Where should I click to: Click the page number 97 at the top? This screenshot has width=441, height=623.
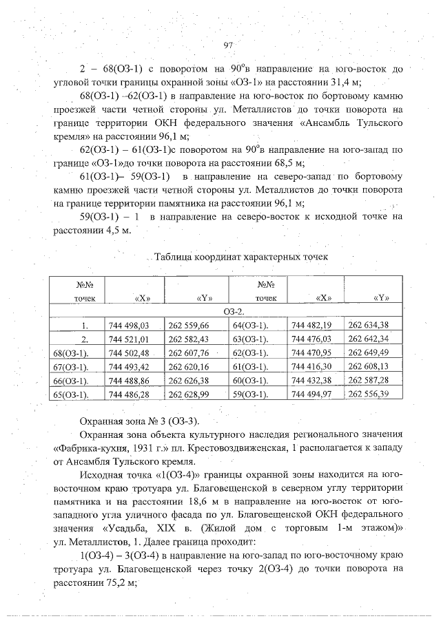point(229,45)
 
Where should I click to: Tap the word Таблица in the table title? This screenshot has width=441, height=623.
point(175,257)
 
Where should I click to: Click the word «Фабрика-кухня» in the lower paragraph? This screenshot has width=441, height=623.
point(91,445)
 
